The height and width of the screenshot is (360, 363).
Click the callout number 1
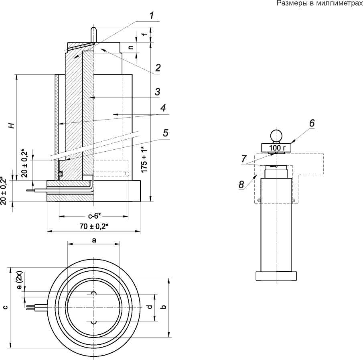(151, 16)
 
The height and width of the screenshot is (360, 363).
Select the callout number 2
(158, 68)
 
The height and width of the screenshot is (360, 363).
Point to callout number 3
(157, 92)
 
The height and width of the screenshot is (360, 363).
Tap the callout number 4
(163, 108)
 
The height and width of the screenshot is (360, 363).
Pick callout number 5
(166, 133)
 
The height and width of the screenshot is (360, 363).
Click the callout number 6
(312, 123)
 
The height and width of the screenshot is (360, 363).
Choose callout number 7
(244, 159)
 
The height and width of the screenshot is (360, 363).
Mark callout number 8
(241, 185)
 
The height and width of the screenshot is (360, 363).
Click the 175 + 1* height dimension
(144, 159)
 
